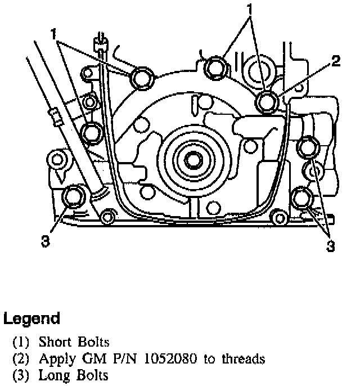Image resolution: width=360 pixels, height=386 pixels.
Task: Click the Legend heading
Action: click(32, 319)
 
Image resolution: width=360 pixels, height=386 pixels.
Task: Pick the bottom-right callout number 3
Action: click(332, 246)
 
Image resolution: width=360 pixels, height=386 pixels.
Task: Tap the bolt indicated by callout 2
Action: click(267, 102)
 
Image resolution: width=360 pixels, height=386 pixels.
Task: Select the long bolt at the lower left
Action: click(73, 197)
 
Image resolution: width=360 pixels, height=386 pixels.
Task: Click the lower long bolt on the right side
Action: click(304, 198)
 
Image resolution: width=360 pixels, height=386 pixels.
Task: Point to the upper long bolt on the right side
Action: click(307, 147)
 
